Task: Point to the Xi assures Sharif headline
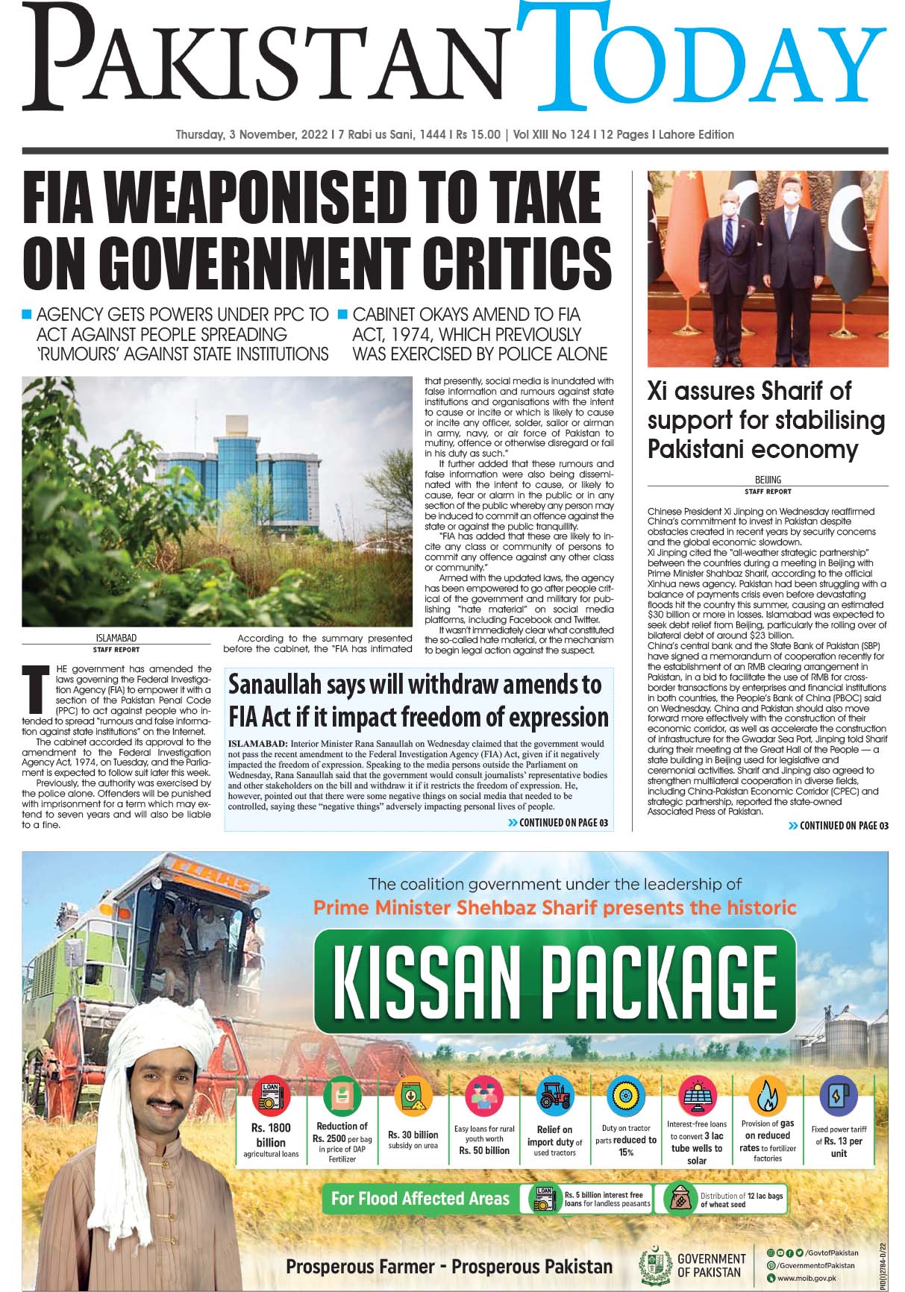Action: click(765, 420)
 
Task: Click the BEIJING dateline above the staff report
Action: click(768, 480)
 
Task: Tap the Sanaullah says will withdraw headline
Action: click(418, 700)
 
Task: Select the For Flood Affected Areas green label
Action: click(419, 1199)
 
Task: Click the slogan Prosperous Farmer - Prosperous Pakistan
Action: click(449, 1266)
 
